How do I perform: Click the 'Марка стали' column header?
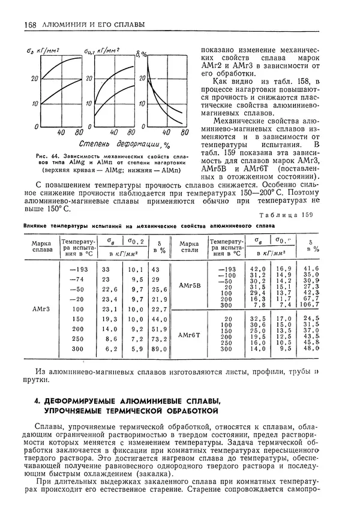[x=189, y=248]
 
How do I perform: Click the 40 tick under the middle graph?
[x=109, y=133]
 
